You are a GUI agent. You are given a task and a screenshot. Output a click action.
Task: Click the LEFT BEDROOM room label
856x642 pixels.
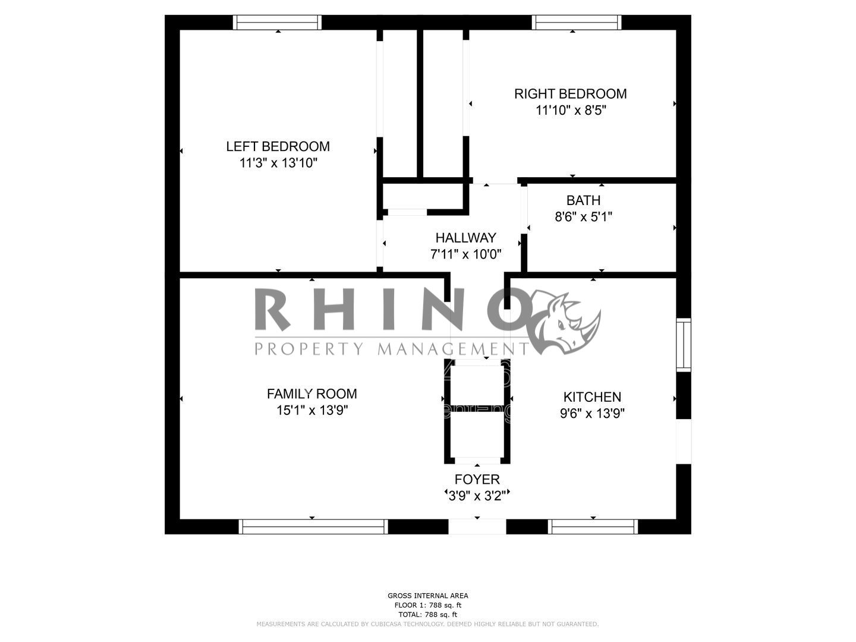click(278, 147)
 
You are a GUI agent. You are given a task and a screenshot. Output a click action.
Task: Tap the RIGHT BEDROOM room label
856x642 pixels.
click(570, 94)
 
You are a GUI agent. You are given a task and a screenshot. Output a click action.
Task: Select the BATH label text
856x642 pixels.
click(583, 200)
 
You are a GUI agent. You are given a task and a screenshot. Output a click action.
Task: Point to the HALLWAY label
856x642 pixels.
click(465, 238)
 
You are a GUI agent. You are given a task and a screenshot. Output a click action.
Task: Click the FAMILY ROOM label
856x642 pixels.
click(311, 394)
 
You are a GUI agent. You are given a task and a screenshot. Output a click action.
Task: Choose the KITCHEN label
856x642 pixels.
click(592, 397)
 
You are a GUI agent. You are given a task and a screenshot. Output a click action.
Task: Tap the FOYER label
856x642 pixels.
click(477, 479)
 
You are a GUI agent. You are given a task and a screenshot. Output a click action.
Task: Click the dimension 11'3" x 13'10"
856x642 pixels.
click(278, 163)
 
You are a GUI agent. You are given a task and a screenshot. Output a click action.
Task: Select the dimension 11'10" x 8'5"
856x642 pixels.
click(571, 111)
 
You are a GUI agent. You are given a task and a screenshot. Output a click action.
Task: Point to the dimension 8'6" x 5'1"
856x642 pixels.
click(583, 217)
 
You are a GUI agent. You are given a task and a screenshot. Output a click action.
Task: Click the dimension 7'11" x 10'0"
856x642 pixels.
click(465, 254)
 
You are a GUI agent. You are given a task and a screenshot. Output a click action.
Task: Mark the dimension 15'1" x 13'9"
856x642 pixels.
click(312, 410)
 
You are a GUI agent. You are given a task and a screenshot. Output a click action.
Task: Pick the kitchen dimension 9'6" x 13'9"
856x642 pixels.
click(592, 413)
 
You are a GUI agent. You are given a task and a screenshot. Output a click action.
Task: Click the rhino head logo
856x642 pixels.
click(565, 322)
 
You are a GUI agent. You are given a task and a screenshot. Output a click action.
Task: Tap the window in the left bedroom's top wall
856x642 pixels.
click(277, 22)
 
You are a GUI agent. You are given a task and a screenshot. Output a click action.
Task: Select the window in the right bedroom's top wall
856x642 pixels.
click(577, 22)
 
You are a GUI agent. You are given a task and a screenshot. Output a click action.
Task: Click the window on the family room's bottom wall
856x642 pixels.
click(313, 526)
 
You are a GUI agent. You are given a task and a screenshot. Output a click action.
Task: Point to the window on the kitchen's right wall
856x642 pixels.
click(684, 345)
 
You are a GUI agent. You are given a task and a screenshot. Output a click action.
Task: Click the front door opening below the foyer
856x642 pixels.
click(477, 526)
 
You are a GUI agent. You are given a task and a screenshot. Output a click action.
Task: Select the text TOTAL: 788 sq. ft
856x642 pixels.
click(427, 615)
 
